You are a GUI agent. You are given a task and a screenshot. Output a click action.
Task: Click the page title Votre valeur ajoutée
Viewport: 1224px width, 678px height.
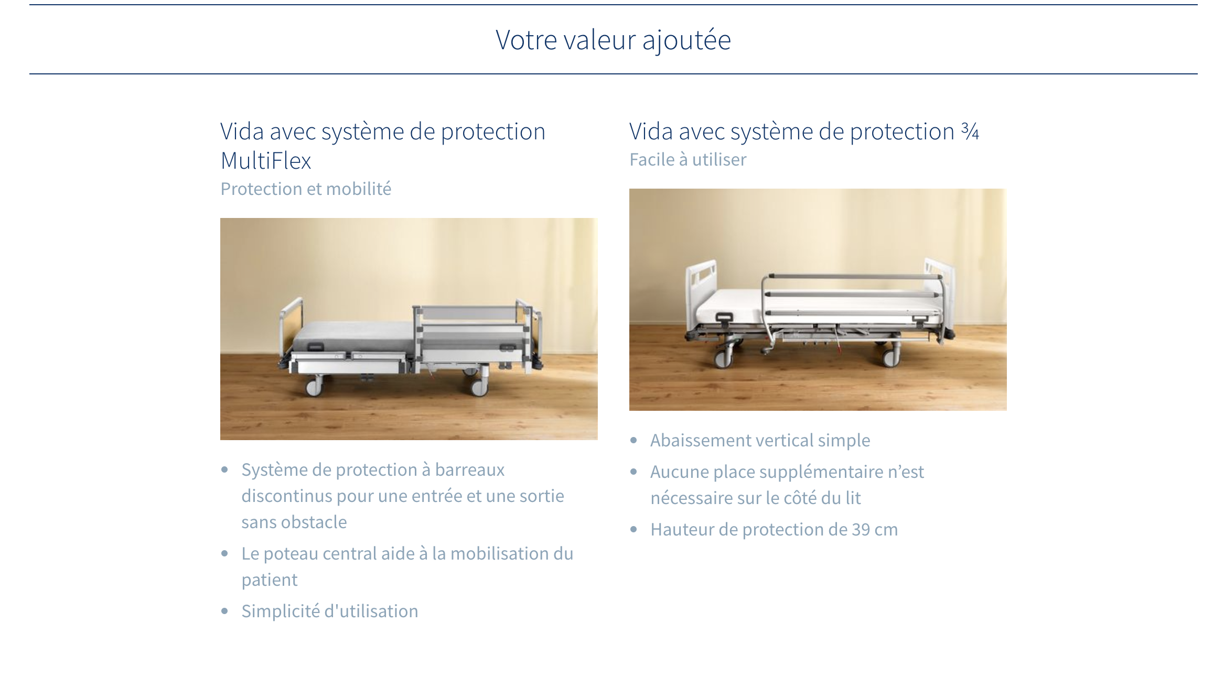pos(613,40)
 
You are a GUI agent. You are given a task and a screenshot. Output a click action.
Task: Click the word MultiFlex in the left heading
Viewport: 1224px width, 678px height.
pos(266,160)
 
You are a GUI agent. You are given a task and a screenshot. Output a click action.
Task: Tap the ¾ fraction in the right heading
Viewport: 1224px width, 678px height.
pos(970,131)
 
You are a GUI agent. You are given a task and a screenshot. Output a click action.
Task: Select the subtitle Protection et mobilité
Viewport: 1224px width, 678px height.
pos(306,189)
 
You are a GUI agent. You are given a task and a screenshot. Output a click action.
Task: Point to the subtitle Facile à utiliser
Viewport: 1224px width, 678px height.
pos(688,159)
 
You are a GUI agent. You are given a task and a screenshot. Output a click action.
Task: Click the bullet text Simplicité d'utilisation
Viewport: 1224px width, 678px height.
pos(330,611)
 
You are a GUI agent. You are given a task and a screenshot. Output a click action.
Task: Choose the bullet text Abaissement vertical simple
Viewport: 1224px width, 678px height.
pos(760,440)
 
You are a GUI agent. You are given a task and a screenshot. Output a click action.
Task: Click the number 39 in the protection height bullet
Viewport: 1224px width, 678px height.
pos(861,529)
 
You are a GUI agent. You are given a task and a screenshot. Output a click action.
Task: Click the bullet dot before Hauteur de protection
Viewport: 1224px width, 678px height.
pos(634,529)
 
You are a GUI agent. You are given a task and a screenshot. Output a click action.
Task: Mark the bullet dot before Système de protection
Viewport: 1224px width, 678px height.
pos(224,469)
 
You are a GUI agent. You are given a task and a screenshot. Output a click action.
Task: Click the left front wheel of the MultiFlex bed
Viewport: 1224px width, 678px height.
pos(314,387)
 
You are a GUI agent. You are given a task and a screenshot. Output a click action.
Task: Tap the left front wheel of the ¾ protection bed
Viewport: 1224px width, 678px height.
pos(723,357)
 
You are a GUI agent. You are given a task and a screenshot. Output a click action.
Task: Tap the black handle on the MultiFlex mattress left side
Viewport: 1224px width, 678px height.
pos(315,346)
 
